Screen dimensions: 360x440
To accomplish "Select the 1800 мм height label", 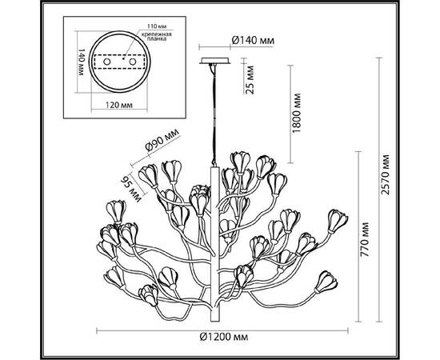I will pos(298,115).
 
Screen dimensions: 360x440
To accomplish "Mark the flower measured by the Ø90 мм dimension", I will pos(170,170).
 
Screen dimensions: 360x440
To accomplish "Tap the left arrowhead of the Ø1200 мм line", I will pos(99,330).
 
